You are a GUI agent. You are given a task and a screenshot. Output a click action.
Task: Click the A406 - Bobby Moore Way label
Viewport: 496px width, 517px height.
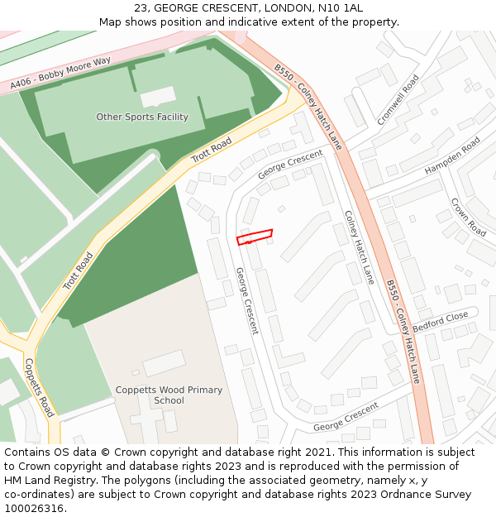(60, 74)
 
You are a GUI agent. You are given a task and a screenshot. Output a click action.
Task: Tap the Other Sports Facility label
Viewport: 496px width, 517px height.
(142, 117)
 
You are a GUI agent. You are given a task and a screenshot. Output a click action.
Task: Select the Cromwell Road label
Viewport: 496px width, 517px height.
(398, 100)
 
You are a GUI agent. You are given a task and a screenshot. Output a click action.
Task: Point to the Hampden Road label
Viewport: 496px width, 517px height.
(452, 156)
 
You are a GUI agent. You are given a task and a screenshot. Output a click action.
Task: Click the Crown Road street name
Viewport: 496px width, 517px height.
(468, 217)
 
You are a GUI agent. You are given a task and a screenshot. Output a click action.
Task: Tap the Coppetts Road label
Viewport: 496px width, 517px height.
(40, 387)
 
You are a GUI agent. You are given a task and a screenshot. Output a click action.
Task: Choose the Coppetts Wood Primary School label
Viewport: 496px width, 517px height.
(169, 395)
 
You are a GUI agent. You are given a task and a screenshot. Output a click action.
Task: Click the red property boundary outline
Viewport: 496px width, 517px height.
(255, 237)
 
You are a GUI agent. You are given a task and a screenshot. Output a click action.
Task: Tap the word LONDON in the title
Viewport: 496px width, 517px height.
(276, 8)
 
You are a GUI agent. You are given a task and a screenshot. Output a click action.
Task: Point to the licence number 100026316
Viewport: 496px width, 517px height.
(33, 509)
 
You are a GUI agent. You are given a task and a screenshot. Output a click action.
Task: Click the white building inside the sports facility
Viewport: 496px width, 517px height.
(158, 98)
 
